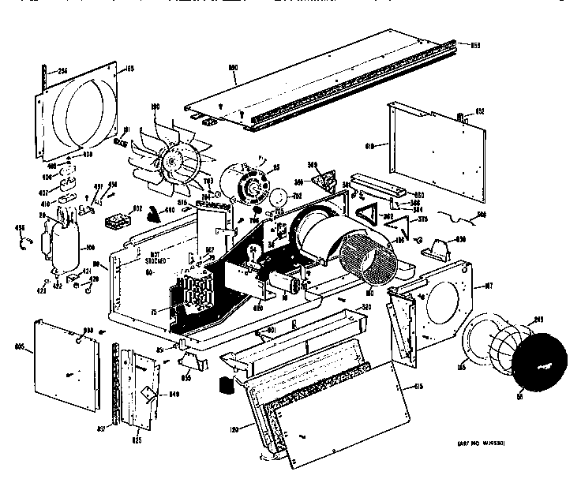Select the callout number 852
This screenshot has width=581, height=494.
coord(478,111)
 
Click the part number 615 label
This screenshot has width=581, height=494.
coord(415,387)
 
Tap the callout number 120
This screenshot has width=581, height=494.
coord(235,426)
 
